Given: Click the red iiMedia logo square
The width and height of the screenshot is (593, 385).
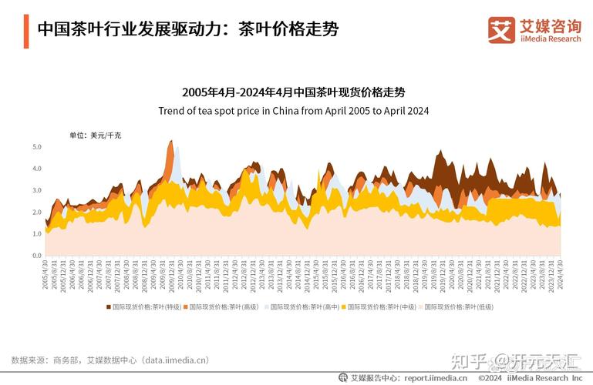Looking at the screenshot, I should pos(501,29).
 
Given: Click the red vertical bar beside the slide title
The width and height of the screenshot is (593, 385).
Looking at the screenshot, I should pos(27,29).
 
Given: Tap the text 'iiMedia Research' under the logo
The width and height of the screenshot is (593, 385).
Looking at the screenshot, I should pos(551,38).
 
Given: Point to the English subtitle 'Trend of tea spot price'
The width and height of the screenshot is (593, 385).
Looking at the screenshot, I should pos(293,110).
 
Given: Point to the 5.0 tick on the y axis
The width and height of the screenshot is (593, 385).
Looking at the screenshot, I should pos(37,146).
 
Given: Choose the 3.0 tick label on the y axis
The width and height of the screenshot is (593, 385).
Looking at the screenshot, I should pos(37,190).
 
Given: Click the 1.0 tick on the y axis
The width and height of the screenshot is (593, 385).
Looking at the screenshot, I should pos(37,233).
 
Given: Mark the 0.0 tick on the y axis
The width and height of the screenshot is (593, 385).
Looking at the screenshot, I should pos(37,256).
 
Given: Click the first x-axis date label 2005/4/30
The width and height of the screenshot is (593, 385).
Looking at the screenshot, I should pos(45,274).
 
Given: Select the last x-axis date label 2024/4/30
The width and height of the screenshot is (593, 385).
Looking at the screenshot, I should pos(561,274).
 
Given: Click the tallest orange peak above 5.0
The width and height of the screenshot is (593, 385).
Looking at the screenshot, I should pos(170,142).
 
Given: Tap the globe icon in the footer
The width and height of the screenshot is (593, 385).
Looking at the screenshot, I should pos(343,378).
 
